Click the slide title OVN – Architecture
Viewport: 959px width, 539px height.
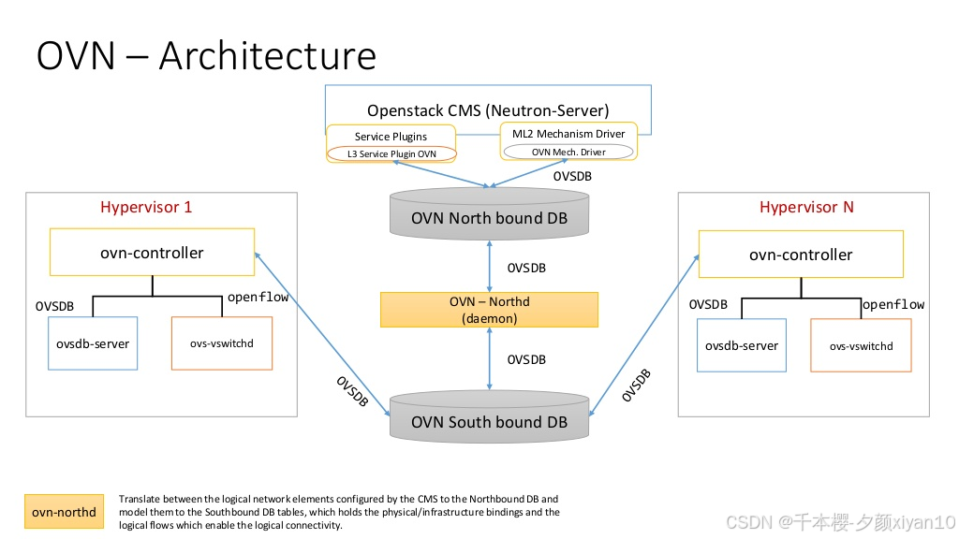point(206,56)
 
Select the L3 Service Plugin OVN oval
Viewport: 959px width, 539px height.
point(391,153)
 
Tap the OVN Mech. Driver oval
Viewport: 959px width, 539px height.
point(568,152)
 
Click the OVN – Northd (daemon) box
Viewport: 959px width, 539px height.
point(489,310)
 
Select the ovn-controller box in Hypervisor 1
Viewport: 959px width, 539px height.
point(152,253)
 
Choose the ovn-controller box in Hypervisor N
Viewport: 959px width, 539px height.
point(801,255)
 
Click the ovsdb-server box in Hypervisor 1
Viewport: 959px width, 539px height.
point(91,343)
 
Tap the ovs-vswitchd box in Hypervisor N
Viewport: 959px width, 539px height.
point(861,346)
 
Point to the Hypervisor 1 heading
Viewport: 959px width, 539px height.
point(146,207)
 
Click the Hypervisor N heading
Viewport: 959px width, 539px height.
point(806,207)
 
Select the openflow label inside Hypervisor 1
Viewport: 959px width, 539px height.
point(258,298)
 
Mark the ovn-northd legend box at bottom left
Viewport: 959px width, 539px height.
point(64,512)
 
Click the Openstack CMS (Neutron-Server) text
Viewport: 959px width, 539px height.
point(488,110)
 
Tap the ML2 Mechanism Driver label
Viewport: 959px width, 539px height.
point(568,134)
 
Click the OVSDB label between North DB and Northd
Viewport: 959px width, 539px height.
point(526,268)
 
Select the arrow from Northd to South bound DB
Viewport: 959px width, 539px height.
point(489,358)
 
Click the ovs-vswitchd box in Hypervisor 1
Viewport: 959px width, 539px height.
point(222,343)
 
